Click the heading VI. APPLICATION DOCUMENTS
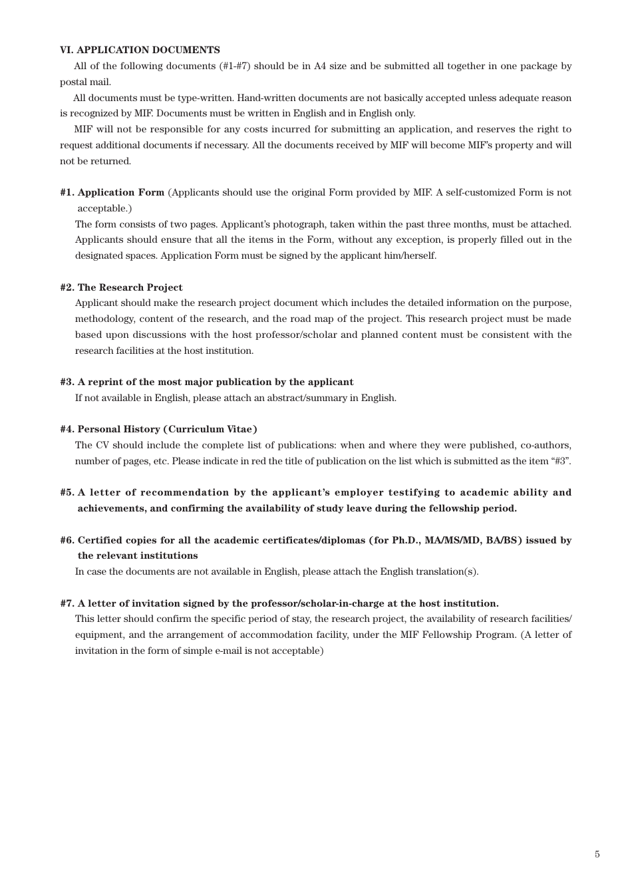[x=140, y=50]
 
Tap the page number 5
[x=597, y=854]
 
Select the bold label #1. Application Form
[x=112, y=192]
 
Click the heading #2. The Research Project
[x=121, y=287]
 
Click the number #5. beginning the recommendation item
[x=67, y=492]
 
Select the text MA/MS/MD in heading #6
[x=458, y=540]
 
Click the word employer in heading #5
[x=359, y=492]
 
